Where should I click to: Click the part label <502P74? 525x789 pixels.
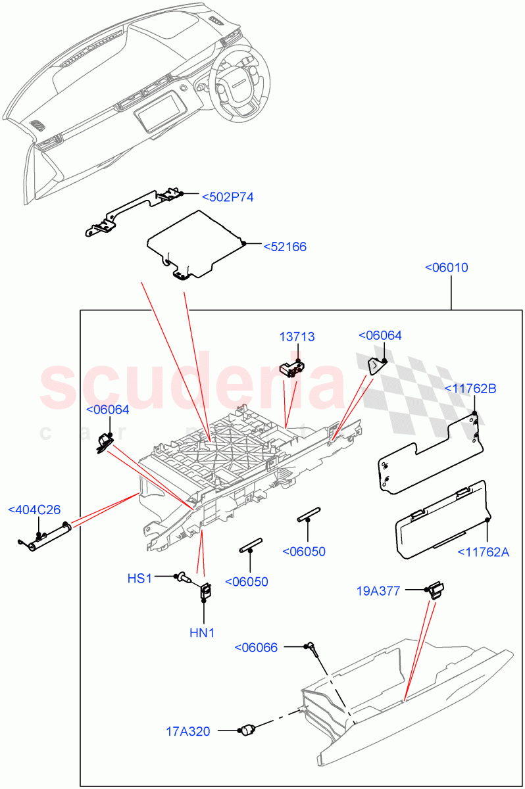228,197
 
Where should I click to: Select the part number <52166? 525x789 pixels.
285,247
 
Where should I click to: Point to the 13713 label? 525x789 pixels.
297,337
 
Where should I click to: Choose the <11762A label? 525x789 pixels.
484,552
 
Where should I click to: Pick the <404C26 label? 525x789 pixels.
34,510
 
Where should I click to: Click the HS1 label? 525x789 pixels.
139,578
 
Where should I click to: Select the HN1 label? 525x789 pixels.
203,633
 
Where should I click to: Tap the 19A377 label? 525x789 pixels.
380,590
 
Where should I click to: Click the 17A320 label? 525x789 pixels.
188,731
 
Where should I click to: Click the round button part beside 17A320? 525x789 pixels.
248,730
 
